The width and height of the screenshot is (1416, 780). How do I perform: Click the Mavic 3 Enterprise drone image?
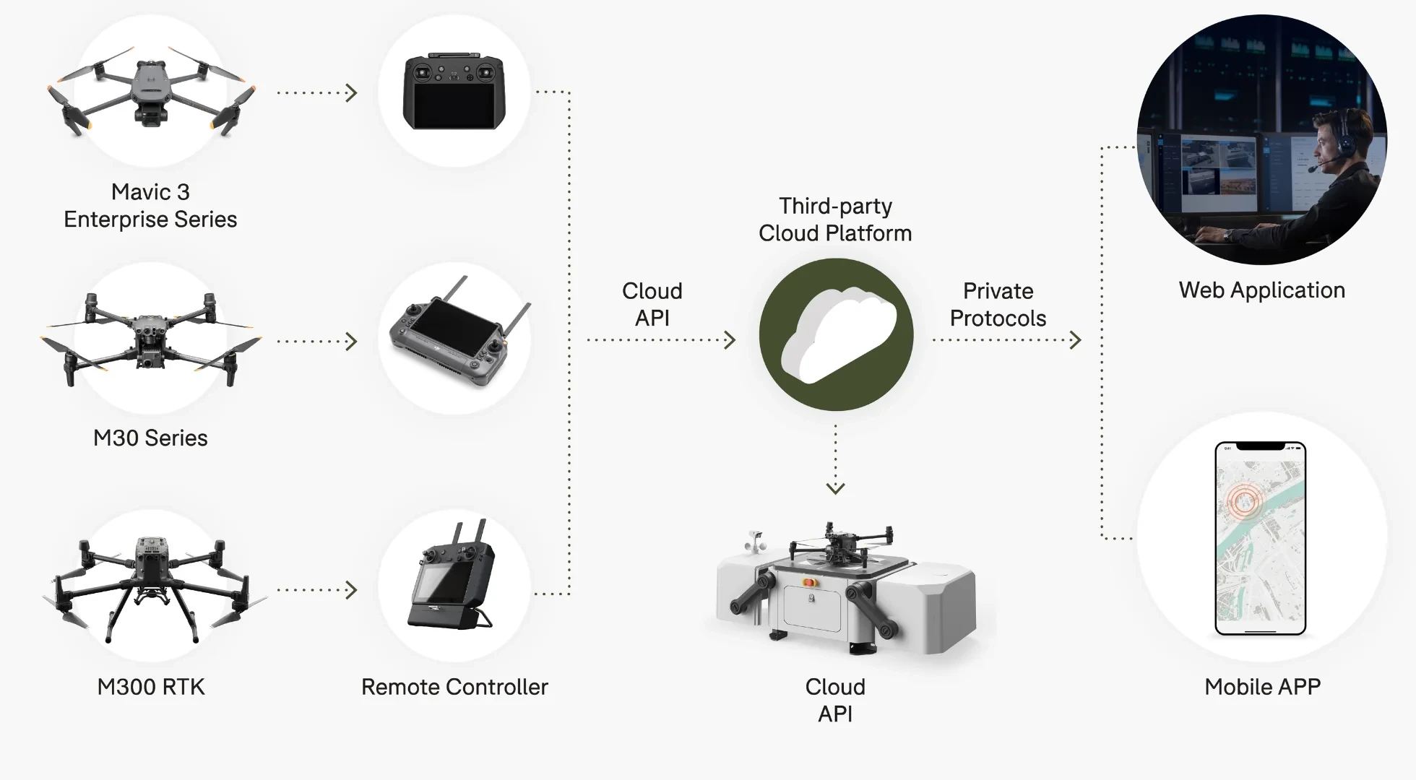coord(150,92)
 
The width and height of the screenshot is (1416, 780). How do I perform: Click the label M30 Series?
coord(150,438)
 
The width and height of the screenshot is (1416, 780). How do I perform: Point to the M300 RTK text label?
coord(150,686)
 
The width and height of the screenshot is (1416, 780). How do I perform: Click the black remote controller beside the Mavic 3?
coord(454,92)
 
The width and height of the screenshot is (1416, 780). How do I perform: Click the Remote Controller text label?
coord(454,686)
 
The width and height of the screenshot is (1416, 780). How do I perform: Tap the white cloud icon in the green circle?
coord(838,334)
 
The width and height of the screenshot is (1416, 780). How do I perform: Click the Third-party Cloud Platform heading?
coord(835,220)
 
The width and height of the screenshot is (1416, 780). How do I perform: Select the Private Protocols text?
coord(998,304)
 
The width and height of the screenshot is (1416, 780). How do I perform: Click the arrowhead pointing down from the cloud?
coord(835,489)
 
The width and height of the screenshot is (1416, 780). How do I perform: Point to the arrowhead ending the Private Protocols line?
coord(1076,339)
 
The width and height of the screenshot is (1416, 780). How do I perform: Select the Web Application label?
coord(1261,290)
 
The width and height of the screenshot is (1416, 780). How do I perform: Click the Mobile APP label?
coord(1261,686)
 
